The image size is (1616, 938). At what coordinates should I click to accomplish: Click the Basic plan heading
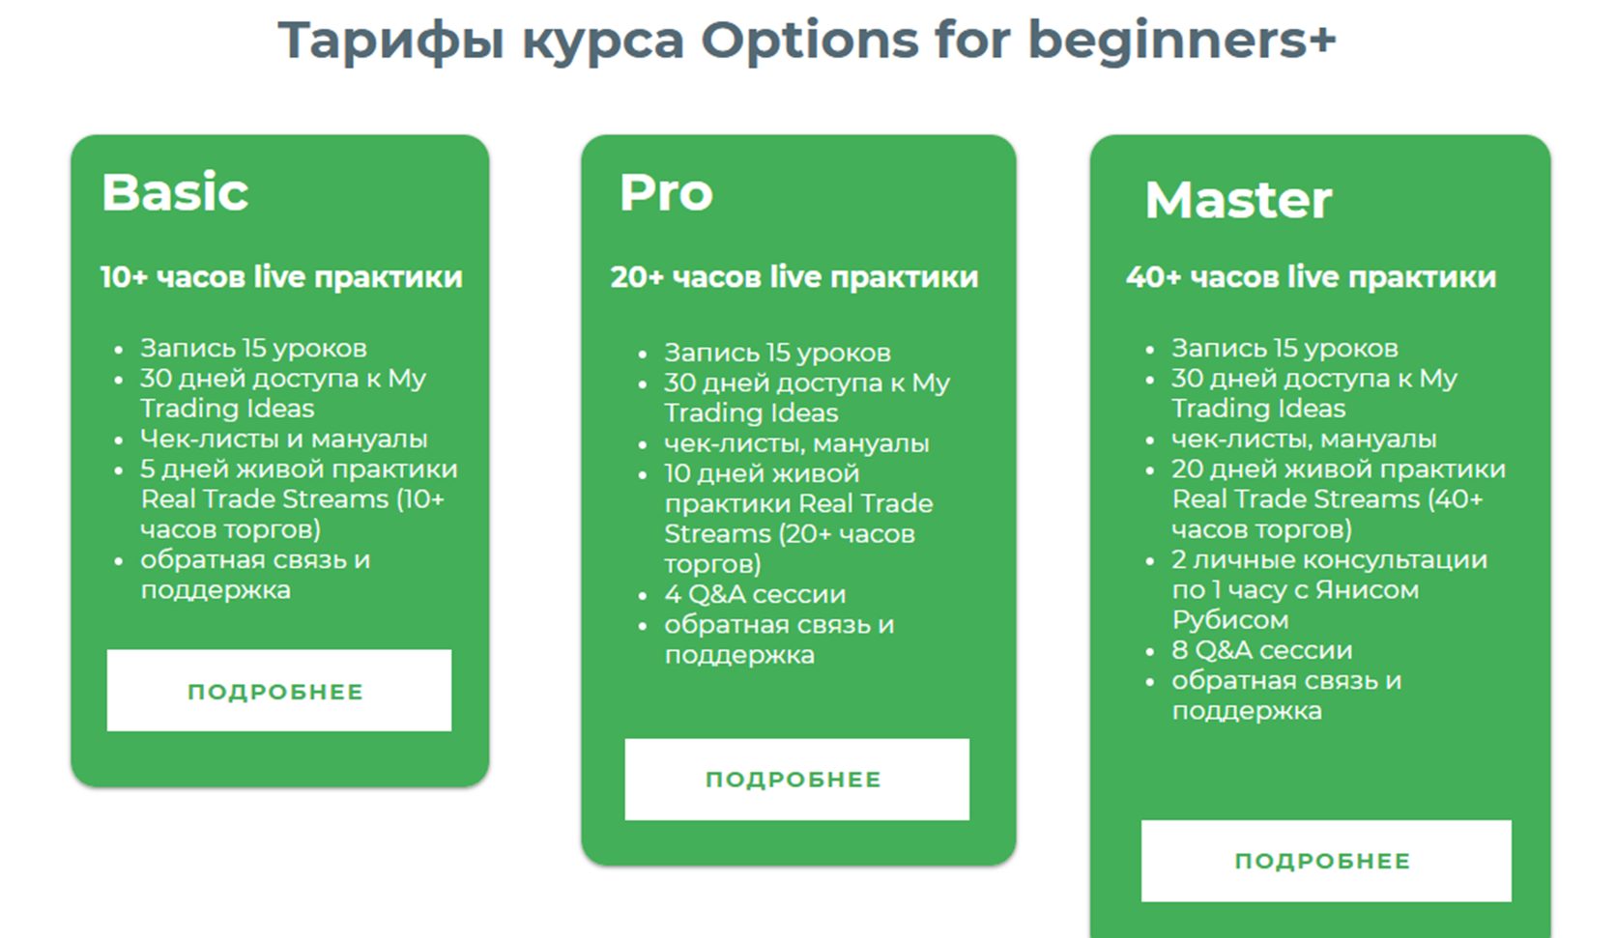coord(175,192)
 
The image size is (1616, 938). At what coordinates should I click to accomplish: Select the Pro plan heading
coord(666,192)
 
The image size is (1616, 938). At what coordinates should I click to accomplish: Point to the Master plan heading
coord(1238,200)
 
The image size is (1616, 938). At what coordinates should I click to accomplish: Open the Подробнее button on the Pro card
coord(796,780)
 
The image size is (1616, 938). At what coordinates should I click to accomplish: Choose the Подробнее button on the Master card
coord(1326,860)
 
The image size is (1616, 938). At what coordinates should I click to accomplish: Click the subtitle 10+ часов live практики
coord(281,277)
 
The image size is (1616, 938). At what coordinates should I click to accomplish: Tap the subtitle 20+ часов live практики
coord(794,277)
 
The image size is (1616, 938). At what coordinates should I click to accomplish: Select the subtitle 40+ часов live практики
coord(1311,277)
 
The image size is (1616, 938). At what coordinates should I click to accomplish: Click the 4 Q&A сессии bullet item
coord(755,595)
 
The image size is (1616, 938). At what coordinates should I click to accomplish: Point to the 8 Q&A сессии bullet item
coord(1262,650)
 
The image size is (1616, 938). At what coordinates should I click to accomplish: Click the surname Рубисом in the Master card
coord(1230,620)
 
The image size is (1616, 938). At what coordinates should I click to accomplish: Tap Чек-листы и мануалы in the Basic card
coord(283,439)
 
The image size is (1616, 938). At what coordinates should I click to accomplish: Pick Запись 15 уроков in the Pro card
coord(777,353)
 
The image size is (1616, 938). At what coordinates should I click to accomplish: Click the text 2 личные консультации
coord(1329,559)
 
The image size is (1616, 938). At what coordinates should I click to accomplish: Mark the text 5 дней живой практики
coord(299,469)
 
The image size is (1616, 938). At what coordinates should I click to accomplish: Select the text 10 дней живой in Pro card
coord(762,473)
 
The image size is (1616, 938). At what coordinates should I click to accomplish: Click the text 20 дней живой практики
coord(1339,469)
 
